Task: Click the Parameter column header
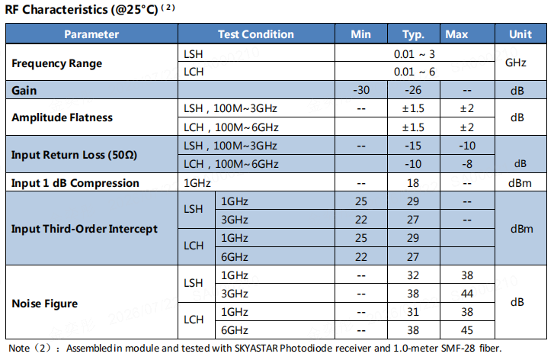91,34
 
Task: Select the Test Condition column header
256,34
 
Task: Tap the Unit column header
520,34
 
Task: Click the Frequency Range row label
57,63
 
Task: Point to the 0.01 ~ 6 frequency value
415,72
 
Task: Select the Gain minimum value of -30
361,90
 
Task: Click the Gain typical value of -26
413,90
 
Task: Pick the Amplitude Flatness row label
62,117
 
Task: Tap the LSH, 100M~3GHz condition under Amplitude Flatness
230,108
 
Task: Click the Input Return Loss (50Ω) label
74,155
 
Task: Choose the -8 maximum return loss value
467,164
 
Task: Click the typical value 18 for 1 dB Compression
413,183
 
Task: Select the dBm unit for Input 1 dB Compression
520,183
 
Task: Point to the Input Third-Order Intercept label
85,229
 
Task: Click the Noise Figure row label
44,304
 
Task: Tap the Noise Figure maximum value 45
467,330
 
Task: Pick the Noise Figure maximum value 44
467,294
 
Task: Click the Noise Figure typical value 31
413,312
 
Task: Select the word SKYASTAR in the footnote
257,349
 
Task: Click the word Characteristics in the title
65,10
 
